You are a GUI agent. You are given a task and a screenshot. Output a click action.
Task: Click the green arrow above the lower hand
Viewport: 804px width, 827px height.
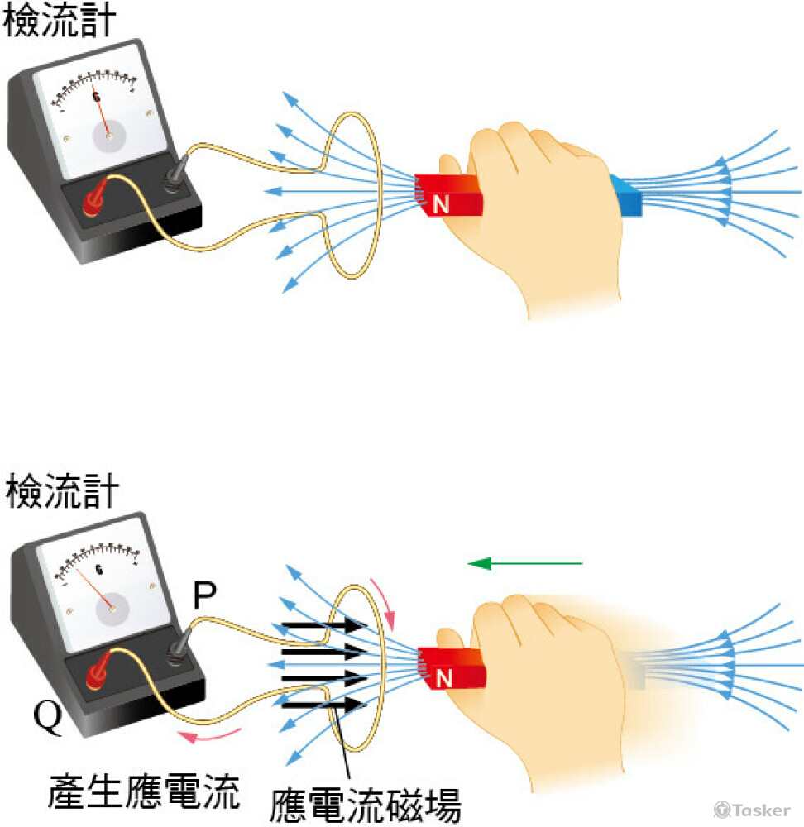coord(525,563)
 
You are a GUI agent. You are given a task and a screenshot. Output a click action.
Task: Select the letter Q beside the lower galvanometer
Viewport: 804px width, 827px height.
coord(47,717)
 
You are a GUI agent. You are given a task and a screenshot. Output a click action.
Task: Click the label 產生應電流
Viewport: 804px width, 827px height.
coord(144,791)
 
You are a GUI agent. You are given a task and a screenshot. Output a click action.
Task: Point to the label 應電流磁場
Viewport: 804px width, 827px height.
coord(365,805)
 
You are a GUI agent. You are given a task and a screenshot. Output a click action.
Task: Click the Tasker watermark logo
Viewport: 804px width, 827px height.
coord(752,810)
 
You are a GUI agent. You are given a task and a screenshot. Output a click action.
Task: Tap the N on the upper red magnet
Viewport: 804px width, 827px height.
coord(441,204)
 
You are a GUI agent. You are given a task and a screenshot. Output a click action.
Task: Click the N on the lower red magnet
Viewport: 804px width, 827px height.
coord(443,678)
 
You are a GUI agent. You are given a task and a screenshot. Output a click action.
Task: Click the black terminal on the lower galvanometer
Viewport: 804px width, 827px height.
coord(178,648)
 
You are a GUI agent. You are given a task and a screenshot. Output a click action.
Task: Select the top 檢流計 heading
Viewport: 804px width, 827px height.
coord(59,21)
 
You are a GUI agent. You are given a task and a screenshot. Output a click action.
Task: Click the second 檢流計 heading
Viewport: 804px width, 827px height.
coord(62,491)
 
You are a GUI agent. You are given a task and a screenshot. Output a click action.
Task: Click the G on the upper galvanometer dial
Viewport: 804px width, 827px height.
coord(96,97)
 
